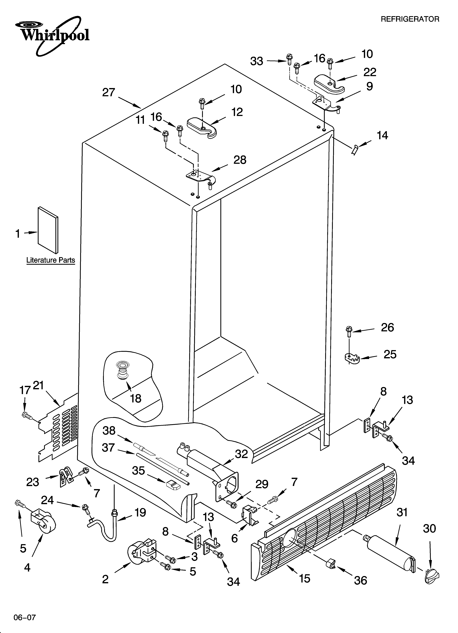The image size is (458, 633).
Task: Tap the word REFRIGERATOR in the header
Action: point(410,19)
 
